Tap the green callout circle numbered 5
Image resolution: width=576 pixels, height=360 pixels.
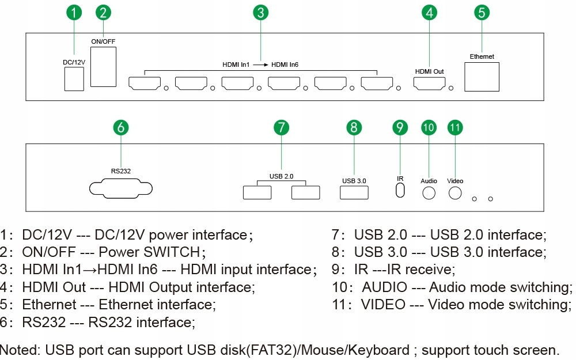tap(482, 13)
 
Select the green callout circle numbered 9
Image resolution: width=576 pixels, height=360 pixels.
tap(400, 128)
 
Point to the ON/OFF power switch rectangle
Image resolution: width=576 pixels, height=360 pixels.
tap(104, 67)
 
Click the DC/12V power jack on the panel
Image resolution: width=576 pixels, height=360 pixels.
tap(73, 79)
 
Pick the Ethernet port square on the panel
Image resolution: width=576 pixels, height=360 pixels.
tap(482, 75)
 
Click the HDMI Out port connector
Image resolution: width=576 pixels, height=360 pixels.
tap(429, 84)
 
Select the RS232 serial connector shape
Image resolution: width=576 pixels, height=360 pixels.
tap(121, 189)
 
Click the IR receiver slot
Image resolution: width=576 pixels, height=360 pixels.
tap(400, 190)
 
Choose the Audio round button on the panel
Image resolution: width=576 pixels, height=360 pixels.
tap(429, 193)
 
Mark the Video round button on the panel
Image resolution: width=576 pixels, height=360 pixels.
tap(455, 192)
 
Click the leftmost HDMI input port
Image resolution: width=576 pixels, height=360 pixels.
tap(144, 84)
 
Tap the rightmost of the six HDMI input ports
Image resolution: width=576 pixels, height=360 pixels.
tap(377, 84)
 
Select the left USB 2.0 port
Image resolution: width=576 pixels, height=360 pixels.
tap(257, 192)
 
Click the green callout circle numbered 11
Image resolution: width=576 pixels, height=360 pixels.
tap(455, 128)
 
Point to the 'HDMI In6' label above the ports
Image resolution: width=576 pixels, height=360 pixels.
tap(285, 65)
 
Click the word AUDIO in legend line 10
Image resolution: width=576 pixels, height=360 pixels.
tap(384, 287)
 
